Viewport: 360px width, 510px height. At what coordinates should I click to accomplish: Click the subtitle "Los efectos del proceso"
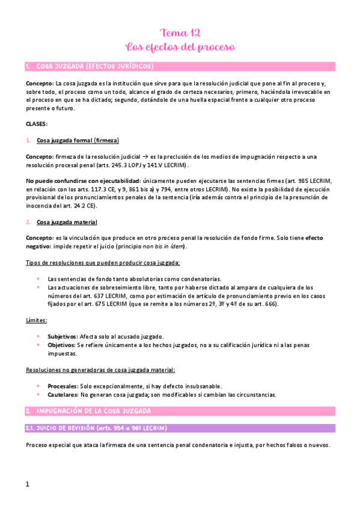pos(180,46)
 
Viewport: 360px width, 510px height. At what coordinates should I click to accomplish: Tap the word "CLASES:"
pos(37,124)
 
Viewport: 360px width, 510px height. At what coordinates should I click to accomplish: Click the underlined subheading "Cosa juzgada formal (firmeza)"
pos(78,140)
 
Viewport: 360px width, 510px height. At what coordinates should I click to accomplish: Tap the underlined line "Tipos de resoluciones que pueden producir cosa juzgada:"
pos(103,263)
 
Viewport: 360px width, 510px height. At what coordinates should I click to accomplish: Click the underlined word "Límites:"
pos(37,321)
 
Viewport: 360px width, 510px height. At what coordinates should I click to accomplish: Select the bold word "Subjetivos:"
pos(63,336)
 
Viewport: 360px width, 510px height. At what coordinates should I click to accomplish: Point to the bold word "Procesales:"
pos(63,386)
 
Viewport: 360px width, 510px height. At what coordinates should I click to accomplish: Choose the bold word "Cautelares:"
pos(63,395)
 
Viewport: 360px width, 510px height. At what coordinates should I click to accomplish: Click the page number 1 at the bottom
pos(28,484)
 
